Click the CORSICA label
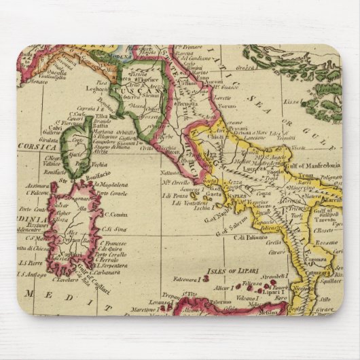coord(40,145)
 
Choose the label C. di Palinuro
coord(249,237)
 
